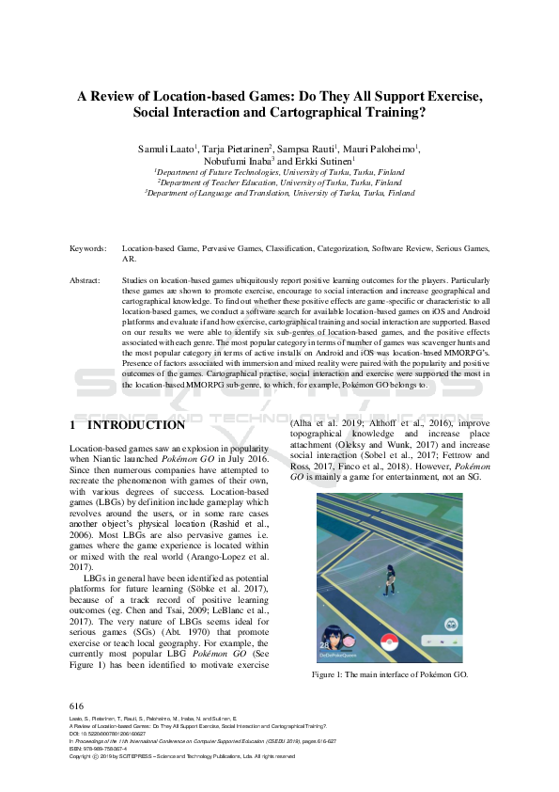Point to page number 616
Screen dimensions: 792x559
(x=77, y=705)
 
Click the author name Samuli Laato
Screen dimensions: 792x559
(x=165, y=149)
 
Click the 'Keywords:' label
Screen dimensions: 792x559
(x=87, y=248)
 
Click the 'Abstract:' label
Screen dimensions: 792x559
(x=85, y=280)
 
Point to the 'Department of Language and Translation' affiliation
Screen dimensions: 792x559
(x=279, y=193)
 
